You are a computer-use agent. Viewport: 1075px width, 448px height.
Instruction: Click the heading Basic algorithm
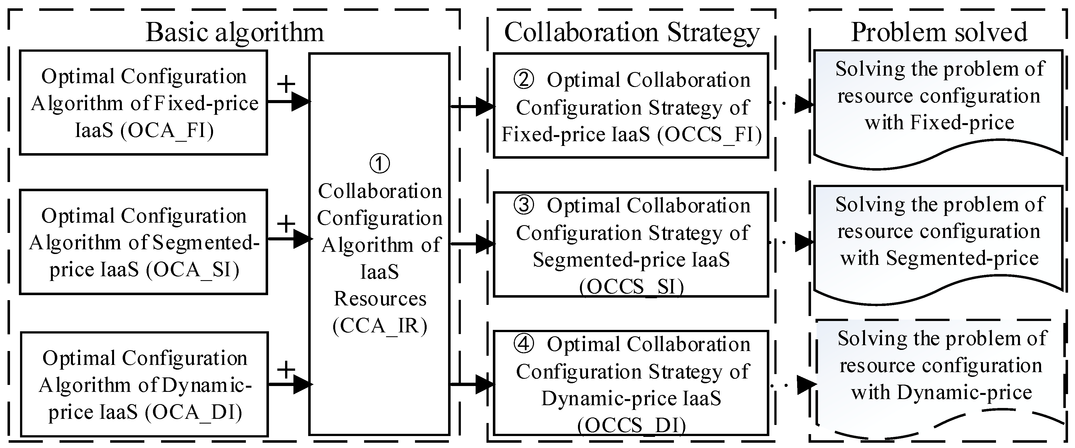[x=234, y=32]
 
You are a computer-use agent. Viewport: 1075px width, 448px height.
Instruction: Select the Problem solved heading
[x=939, y=32]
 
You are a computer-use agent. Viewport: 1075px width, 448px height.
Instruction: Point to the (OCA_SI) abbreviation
[x=193, y=270]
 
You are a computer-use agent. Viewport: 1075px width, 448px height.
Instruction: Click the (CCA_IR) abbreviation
[x=380, y=326]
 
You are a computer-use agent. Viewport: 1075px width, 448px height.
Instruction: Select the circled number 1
[x=380, y=163]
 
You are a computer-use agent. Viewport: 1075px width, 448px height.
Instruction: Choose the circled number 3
[x=524, y=205]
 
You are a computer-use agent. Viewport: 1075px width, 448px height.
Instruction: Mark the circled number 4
[x=524, y=344]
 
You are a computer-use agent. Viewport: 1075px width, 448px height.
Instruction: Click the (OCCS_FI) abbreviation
[x=710, y=134]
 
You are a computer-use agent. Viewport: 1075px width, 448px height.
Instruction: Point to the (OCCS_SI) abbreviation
[x=631, y=287]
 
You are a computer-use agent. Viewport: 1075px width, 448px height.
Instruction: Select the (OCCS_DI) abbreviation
[x=631, y=425]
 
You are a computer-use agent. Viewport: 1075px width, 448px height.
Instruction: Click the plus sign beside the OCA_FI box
[x=286, y=84]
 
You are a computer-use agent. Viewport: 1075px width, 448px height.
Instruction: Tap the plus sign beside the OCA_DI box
[x=286, y=369]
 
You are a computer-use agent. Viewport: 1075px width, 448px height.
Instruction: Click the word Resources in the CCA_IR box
[x=380, y=299]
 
